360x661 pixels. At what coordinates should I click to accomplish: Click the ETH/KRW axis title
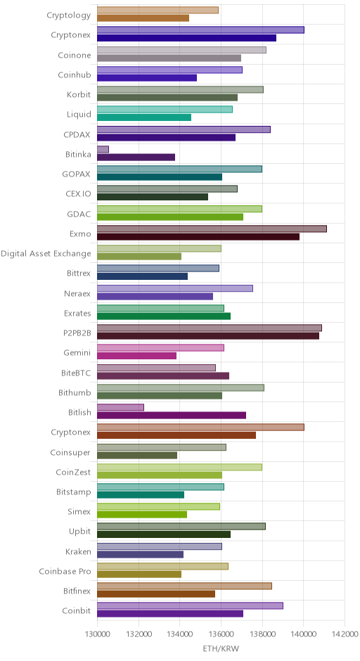(x=221, y=649)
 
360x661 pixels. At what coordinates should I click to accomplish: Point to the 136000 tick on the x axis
(x=221, y=634)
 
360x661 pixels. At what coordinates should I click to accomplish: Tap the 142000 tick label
(x=345, y=634)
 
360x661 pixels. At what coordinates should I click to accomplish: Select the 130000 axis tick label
(x=97, y=634)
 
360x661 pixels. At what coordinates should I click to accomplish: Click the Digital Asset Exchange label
(x=46, y=253)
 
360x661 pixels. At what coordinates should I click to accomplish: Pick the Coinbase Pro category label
(x=65, y=571)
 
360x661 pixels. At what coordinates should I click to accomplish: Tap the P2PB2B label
(x=77, y=333)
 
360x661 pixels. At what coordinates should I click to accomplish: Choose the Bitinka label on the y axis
(x=78, y=154)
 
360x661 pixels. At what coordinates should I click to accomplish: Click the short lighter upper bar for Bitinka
(x=103, y=149)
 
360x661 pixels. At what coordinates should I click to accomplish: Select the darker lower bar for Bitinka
(x=136, y=158)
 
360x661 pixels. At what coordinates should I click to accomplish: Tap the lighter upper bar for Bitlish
(x=120, y=407)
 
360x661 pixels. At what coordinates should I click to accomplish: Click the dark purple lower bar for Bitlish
(x=172, y=415)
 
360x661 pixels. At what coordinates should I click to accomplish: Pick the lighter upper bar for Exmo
(x=212, y=229)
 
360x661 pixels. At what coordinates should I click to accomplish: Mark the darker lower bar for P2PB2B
(x=208, y=336)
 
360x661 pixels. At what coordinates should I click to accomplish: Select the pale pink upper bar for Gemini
(x=160, y=348)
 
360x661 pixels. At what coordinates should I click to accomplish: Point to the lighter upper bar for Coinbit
(x=190, y=605)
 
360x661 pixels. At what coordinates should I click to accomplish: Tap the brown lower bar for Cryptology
(x=143, y=18)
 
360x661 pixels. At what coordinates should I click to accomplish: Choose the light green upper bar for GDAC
(x=179, y=209)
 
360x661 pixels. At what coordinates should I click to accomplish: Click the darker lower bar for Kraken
(x=141, y=554)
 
